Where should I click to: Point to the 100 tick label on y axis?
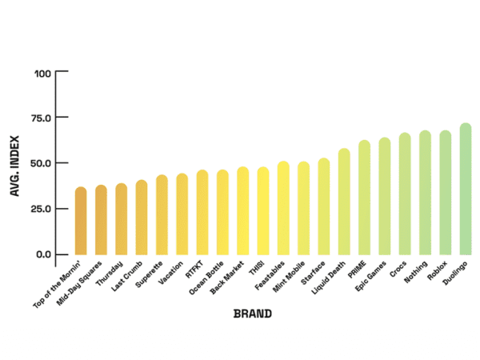point(42,74)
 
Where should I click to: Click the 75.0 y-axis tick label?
point(39,118)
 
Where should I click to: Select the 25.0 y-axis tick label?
point(39,209)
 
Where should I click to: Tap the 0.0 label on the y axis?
point(42,254)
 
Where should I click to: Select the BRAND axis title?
point(252,314)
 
